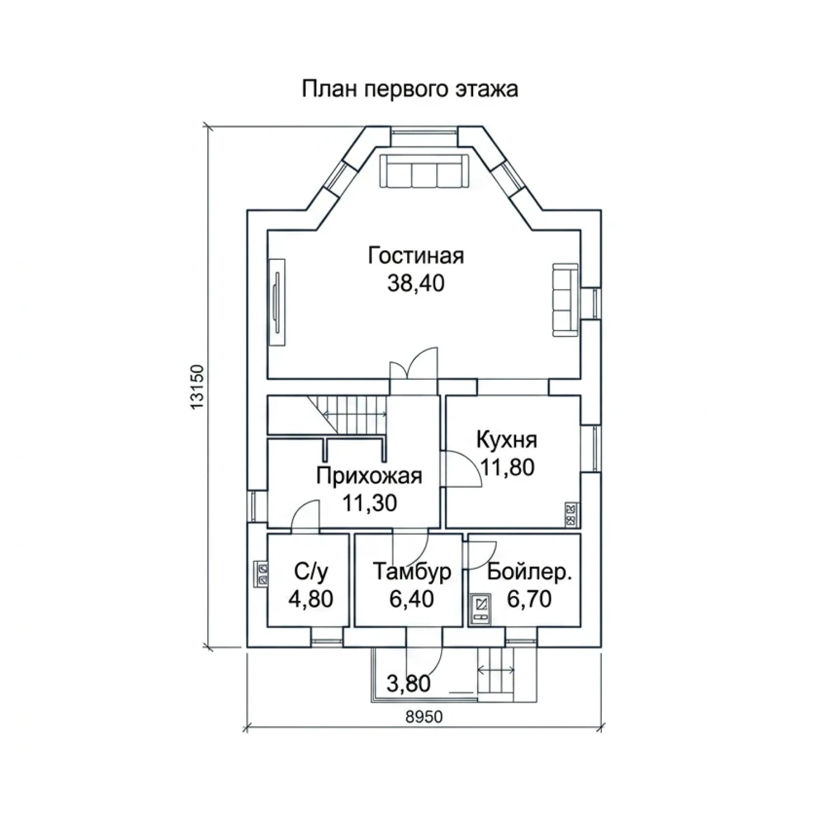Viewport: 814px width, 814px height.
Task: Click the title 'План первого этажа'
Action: click(410, 89)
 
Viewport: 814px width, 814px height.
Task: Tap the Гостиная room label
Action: click(416, 256)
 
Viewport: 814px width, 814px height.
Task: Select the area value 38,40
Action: click(416, 283)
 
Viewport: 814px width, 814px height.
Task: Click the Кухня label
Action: click(507, 440)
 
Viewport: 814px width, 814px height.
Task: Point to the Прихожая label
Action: click(369, 476)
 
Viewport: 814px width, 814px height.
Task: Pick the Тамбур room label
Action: click(412, 572)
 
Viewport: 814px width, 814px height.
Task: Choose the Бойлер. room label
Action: click(530, 572)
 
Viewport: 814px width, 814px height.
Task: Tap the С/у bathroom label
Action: click(311, 572)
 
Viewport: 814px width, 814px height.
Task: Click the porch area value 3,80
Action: click(409, 683)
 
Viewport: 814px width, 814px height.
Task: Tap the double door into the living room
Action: click(414, 365)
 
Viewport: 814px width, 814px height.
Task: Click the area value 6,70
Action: click(530, 599)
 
